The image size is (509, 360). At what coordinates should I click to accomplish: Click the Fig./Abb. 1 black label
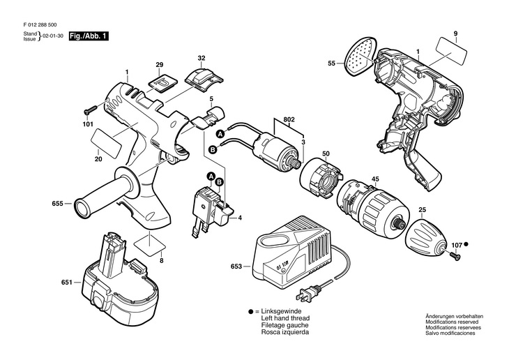click(89, 36)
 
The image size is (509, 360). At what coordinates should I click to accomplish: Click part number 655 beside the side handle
click(57, 204)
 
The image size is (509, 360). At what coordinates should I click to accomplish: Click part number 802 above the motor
click(288, 120)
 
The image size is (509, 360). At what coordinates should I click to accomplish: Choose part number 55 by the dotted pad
click(331, 63)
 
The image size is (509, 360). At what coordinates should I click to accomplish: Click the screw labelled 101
click(90, 112)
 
